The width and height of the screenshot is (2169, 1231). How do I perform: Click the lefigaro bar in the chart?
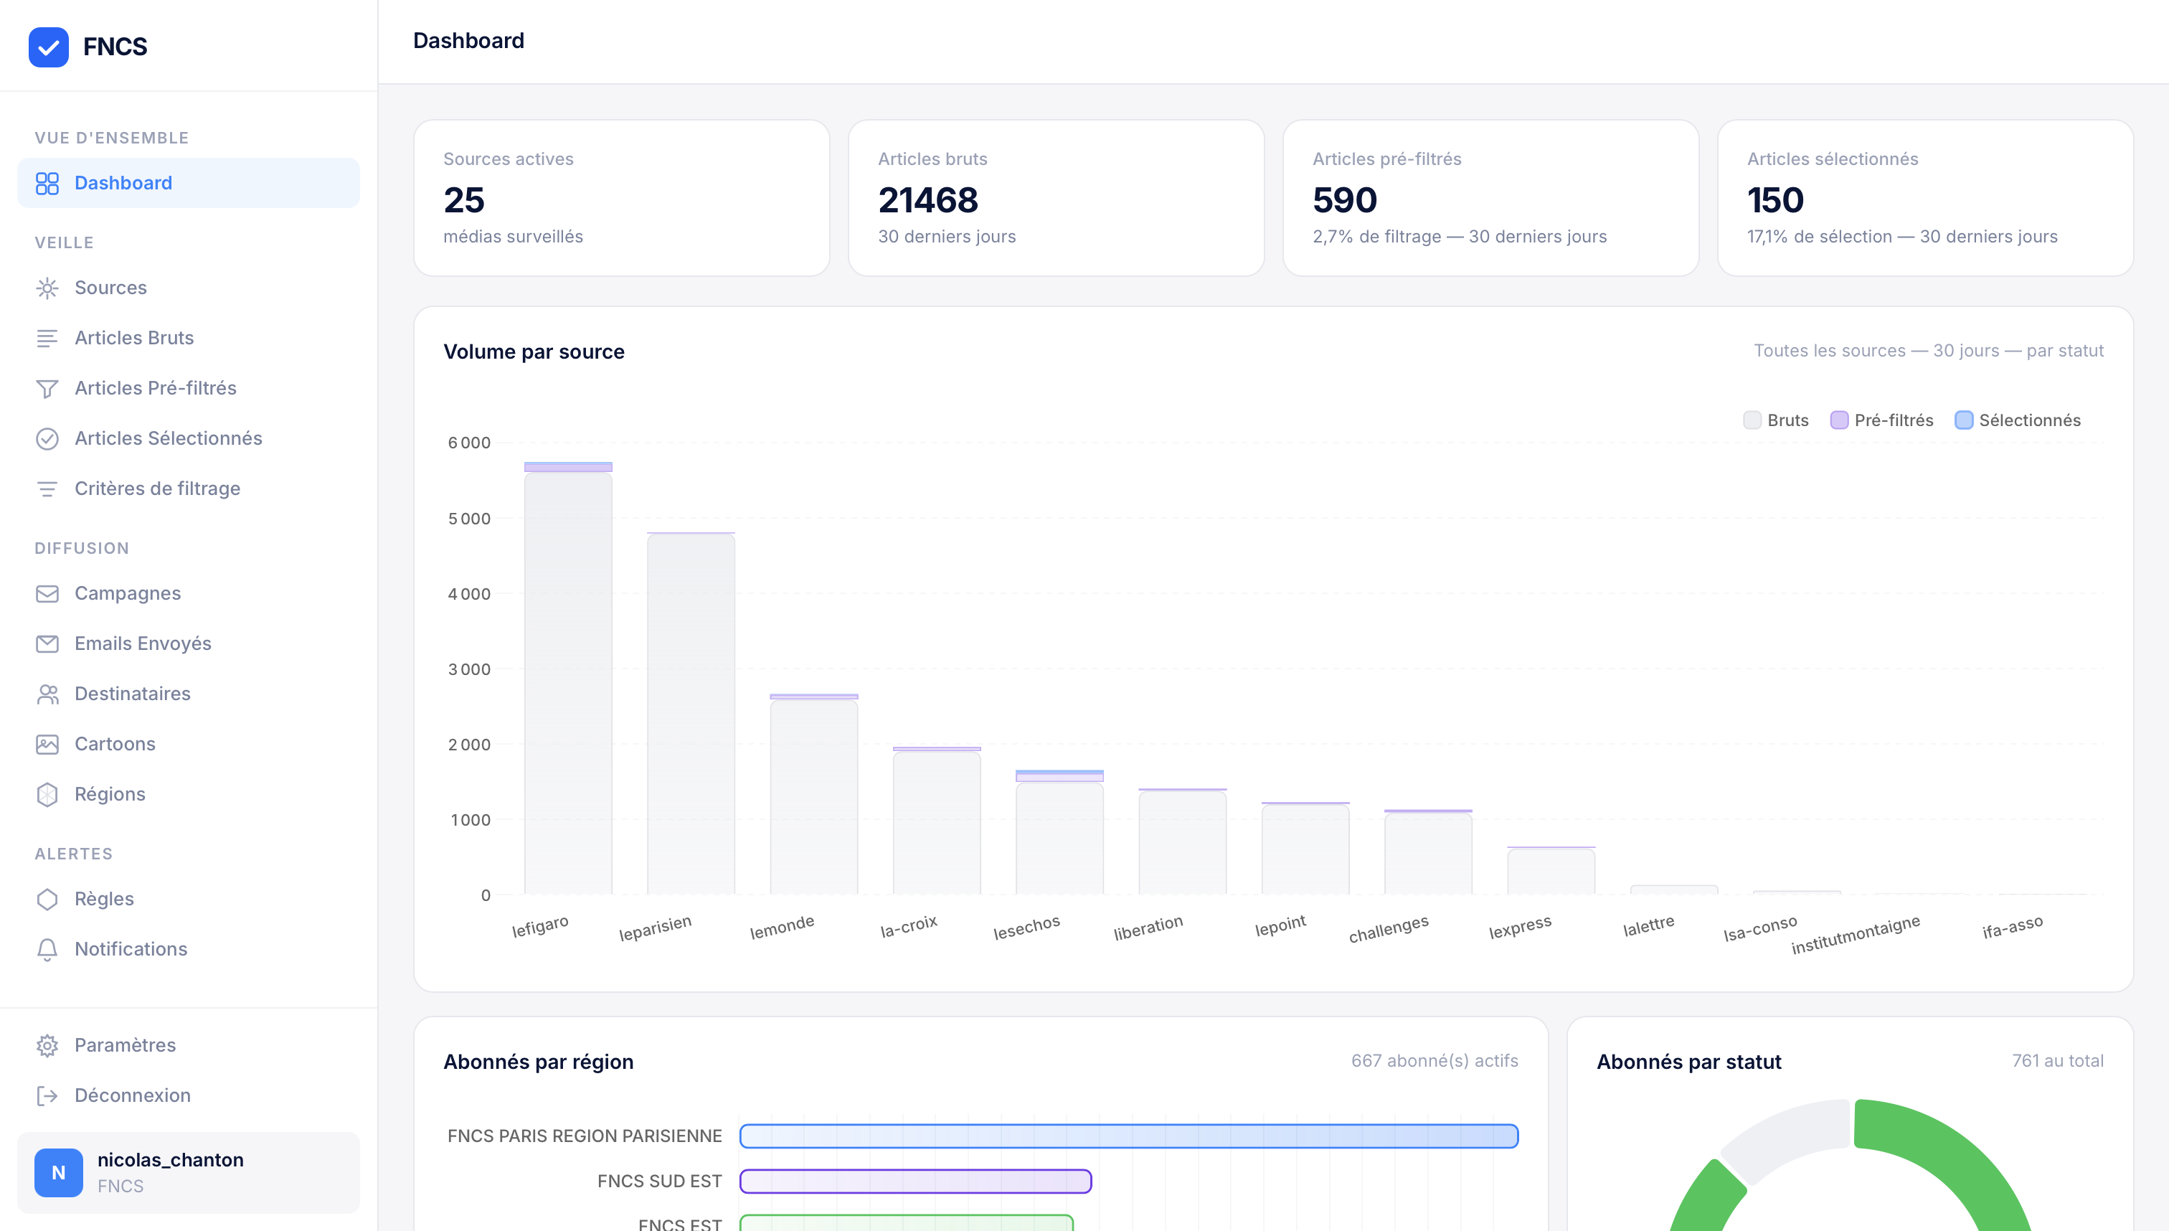tap(568, 681)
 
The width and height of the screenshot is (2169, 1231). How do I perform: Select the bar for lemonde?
tap(813, 795)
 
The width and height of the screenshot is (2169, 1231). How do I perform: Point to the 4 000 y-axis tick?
tap(469, 593)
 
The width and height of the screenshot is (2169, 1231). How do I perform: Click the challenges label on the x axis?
tap(1388, 928)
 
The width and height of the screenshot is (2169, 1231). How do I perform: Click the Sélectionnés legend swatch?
tap(1964, 420)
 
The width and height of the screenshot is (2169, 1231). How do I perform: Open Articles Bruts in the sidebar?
tap(133, 337)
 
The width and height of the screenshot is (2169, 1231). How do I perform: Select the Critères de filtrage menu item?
tap(157, 488)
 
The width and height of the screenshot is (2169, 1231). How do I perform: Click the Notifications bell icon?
tap(47, 950)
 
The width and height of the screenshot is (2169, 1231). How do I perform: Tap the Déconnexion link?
tap(132, 1095)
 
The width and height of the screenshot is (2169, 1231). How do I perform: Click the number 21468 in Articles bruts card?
tap(927, 200)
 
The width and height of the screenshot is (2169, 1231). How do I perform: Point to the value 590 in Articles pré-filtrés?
tap(1344, 200)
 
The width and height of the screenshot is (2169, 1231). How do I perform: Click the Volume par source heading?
tap(534, 352)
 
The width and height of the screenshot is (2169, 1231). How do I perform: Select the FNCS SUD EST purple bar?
tap(915, 1181)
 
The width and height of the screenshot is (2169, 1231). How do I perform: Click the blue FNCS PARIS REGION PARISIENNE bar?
tap(1128, 1136)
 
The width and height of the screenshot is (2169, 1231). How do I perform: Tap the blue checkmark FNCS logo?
tap(48, 47)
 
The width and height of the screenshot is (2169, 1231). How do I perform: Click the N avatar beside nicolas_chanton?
tap(58, 1172)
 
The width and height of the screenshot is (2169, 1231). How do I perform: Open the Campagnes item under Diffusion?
tap(127, 593)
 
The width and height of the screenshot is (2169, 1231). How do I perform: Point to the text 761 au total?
tap(2056, 1060)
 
